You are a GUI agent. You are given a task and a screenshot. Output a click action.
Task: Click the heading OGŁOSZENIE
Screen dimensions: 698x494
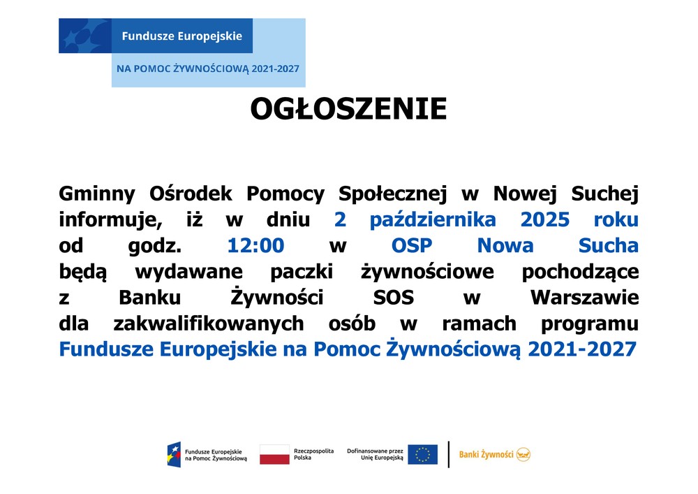click(x=348, y=109)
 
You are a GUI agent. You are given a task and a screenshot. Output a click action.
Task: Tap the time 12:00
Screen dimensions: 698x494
click(x=255, y=245)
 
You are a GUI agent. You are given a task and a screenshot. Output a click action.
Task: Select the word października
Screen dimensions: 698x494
click(x=433, y=220)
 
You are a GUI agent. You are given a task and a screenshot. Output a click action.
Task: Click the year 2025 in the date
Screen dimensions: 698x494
click(x=545, y=219)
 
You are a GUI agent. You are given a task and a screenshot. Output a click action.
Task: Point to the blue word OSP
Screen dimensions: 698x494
click(x=412, y=245)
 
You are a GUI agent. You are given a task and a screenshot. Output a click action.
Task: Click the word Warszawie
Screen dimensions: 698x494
click(x=584, y=297)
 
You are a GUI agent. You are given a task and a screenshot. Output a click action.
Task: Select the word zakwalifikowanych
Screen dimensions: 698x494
click(x=208, y=324)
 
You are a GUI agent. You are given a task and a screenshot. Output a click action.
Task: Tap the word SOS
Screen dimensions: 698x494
click(x=394, y=297)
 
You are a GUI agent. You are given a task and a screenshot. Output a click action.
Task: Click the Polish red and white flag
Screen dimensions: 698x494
click(x=274, y=454)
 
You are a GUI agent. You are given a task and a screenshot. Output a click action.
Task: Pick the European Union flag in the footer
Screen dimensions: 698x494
click(x=422, y=454)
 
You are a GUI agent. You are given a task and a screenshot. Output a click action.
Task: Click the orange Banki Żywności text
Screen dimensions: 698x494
click(x=486, y=454)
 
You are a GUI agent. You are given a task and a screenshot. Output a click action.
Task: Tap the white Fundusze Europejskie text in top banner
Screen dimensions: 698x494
click(x=182, y=36)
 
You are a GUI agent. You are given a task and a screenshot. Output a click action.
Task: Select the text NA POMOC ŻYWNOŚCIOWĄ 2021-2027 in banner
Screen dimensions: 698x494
click(x=208, y=68)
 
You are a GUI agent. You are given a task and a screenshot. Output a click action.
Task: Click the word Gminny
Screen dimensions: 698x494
click(x=97, y=194)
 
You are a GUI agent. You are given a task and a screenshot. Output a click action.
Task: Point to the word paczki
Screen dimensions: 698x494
click(x=302, y=273)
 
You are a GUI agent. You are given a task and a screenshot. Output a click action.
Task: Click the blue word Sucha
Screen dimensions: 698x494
click(x=609, y=245)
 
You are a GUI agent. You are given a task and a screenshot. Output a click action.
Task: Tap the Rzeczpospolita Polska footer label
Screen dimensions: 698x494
click(x=313, y=454)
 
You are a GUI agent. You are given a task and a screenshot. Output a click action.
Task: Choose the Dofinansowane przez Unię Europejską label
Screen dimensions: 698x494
click(x=375, y=454)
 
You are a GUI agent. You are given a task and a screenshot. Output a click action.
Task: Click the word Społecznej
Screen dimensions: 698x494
click(x=392, y=194)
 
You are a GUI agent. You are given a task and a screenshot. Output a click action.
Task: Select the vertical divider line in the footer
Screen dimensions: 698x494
click(x=448, y=454)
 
